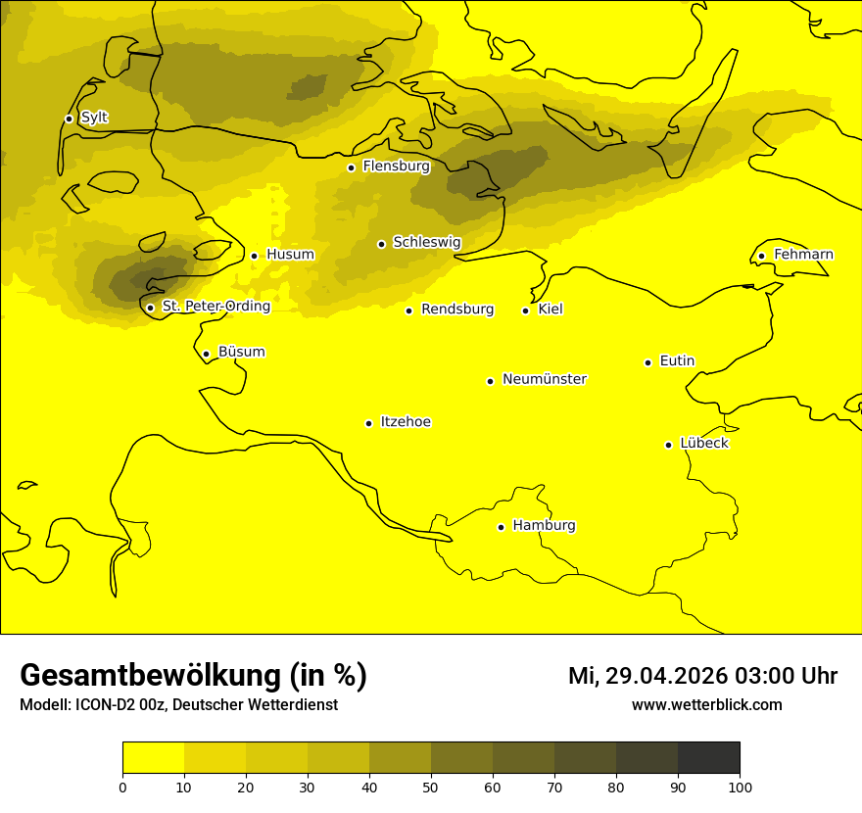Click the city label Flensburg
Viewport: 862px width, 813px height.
pos(396,167)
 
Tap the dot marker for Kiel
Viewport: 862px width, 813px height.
pos(525,311)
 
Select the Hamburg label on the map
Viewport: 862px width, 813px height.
pos(544,526)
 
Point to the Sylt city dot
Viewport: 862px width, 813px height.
pos(69,119)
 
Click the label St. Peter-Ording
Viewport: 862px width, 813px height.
pos(215,307)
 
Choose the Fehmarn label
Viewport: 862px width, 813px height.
pos(803,255)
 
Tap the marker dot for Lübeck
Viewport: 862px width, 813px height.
pos(669,445)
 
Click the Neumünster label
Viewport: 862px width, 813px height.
pos(545,379)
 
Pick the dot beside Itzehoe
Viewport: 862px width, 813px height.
pos(368,423)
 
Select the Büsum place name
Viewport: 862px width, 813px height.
pos(241,353)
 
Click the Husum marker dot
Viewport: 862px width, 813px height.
pos(254,256)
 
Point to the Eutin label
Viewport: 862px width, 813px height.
pos(677,361)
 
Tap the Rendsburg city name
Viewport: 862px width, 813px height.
pos(457,310)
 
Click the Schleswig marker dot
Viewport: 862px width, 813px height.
pos(381,244)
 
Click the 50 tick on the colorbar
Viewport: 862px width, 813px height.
pos(431,786)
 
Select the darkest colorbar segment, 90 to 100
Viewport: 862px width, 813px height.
pos(708,757)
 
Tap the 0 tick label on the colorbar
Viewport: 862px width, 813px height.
pos(122,786)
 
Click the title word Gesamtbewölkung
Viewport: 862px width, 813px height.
pos(151,675)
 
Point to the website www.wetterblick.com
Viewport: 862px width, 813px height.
pos(706,704)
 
